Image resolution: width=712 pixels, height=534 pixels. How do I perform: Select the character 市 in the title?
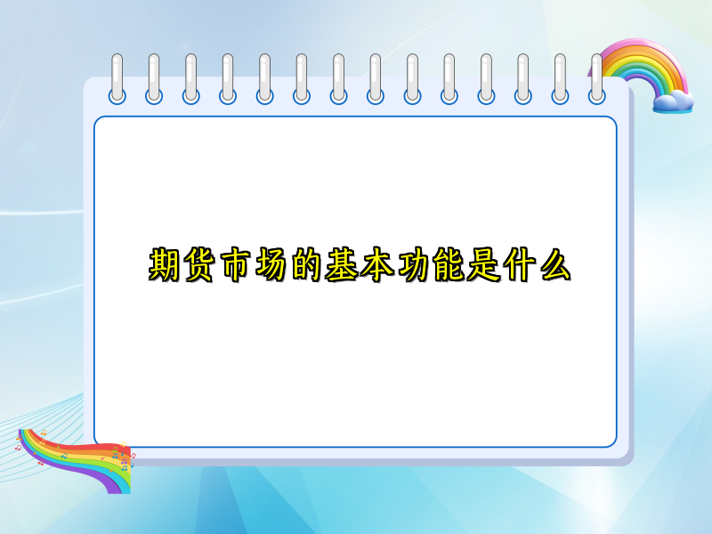click(237, 266)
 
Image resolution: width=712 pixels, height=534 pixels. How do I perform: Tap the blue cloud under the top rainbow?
click(671, 101)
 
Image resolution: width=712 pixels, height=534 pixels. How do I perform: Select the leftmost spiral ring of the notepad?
click(117, 78)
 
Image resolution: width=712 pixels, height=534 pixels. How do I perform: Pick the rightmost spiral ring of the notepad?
click(596, 78)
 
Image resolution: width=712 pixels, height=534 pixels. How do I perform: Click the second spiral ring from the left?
click(154, 78)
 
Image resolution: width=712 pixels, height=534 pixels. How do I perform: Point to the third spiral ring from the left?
click(190, 78)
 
